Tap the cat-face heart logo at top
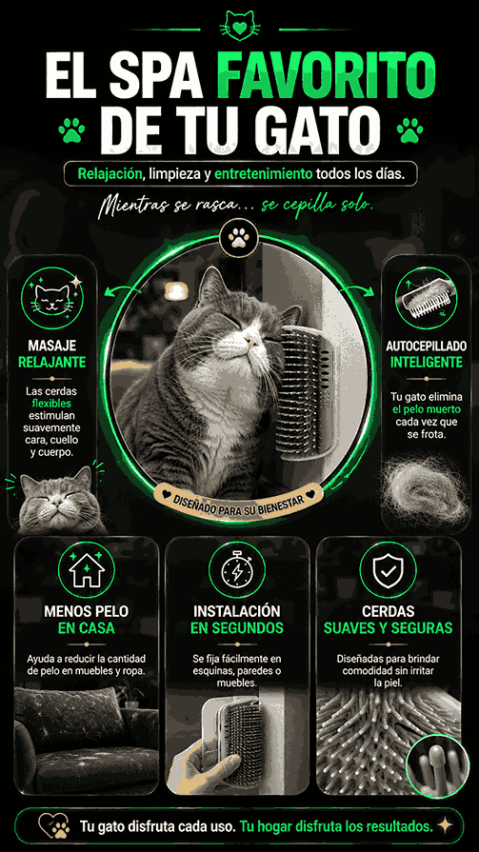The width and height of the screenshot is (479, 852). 239,26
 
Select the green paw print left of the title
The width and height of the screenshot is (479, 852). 71,131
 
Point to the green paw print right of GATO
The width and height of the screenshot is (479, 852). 409,131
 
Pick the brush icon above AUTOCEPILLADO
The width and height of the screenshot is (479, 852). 426,298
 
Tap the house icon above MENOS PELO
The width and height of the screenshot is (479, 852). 87,569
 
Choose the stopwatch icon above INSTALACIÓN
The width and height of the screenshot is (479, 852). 237,569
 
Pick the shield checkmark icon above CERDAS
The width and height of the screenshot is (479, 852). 389,569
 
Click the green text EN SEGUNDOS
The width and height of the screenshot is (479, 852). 237,628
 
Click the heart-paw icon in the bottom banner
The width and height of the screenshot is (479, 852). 54,826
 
